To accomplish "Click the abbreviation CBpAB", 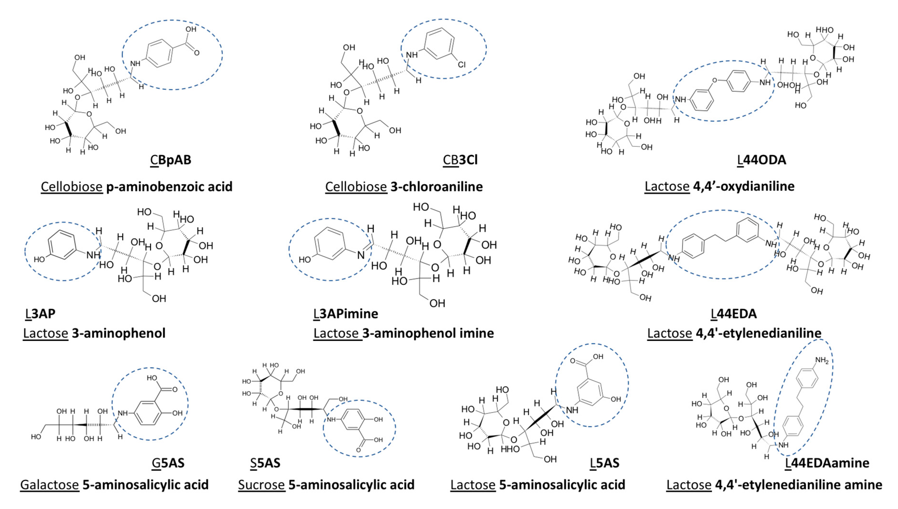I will point(171,160).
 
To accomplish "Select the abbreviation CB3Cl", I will point(460,160).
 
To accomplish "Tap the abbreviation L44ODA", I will point(762,160).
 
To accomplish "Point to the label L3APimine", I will point(345,314).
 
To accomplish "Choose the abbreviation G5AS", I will point(168,463).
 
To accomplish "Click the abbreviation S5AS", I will point(265,463).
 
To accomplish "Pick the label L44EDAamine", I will point(827,463).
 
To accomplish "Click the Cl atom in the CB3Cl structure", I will point(462,65).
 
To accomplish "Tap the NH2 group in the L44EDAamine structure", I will point(822,360).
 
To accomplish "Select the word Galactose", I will point(49,485).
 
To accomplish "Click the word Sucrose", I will point(261,485).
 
